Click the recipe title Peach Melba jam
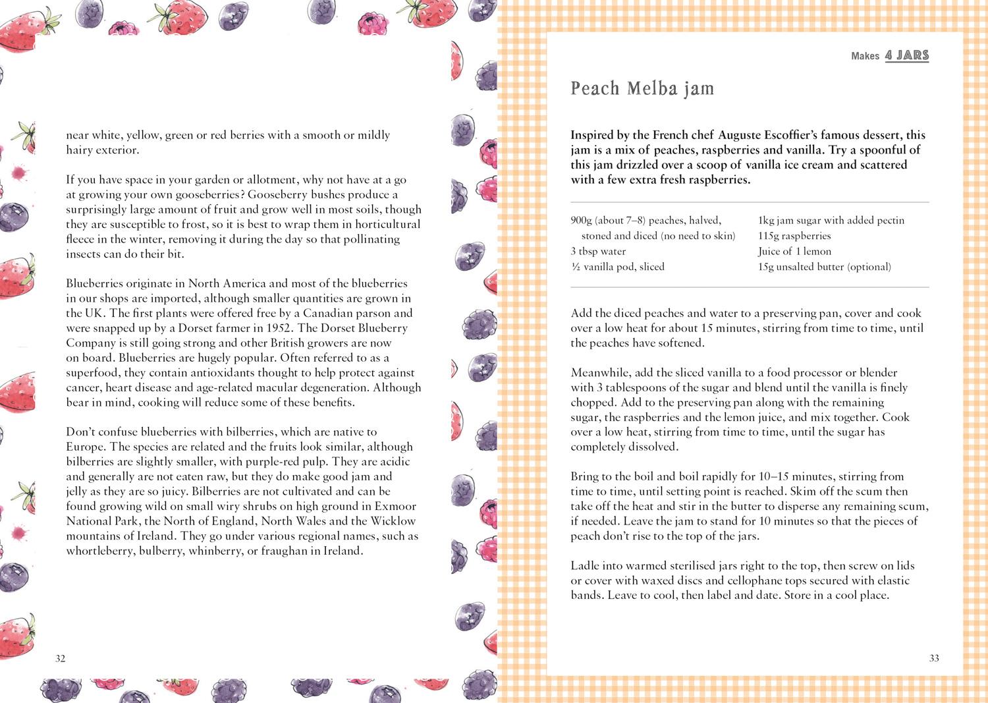pos(642,88)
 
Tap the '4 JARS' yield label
pos(906,55)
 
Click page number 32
pos(61,658)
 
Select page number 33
pos(934,658)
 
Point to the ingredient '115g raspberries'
pos(794,236)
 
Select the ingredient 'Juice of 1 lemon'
pos(794,251)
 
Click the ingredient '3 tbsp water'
pos(598,251)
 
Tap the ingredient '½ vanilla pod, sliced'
pos(617,267)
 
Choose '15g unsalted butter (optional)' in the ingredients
pos(824,267)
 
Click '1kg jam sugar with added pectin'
pos(831,220)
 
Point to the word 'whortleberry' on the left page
pos(100,551)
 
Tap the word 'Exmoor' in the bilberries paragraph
pos(395,506)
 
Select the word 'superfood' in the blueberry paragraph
pos(92,373)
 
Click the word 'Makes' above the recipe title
pos(865,56)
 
